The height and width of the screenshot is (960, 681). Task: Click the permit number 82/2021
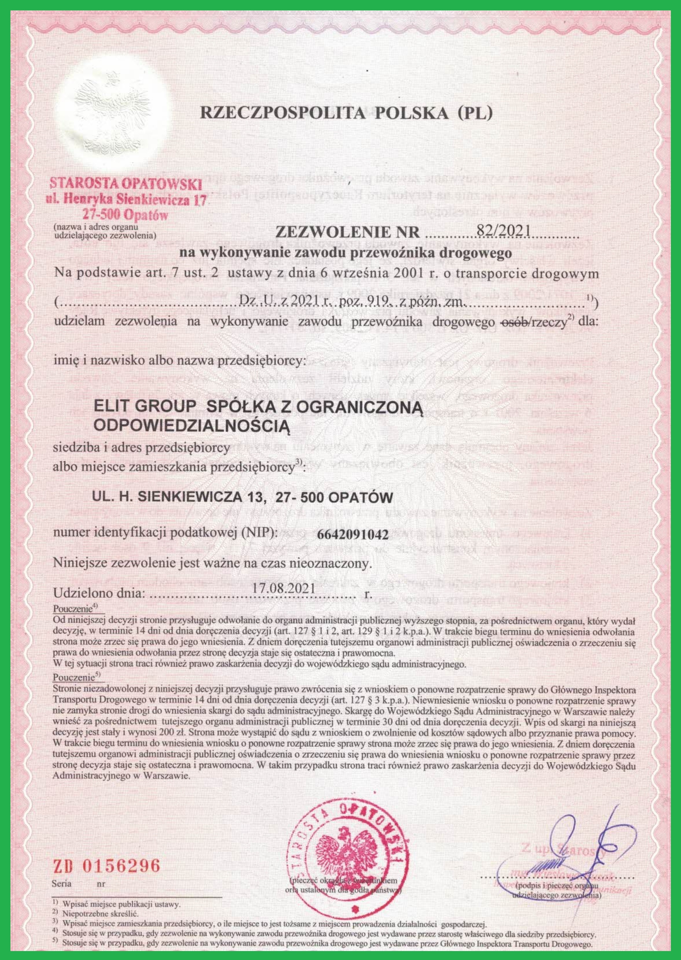coord(504,231)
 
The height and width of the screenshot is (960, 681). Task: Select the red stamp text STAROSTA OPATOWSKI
coord(126,183)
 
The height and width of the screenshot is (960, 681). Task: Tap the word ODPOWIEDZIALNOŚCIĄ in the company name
coord(192,425)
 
